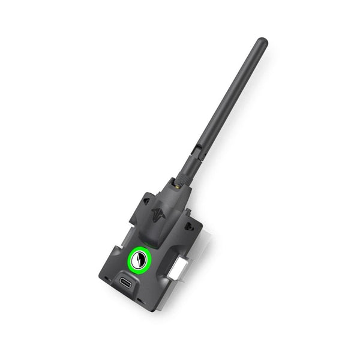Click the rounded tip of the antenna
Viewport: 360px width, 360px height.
coord(262,42)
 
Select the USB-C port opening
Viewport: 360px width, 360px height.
coord(127,284)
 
